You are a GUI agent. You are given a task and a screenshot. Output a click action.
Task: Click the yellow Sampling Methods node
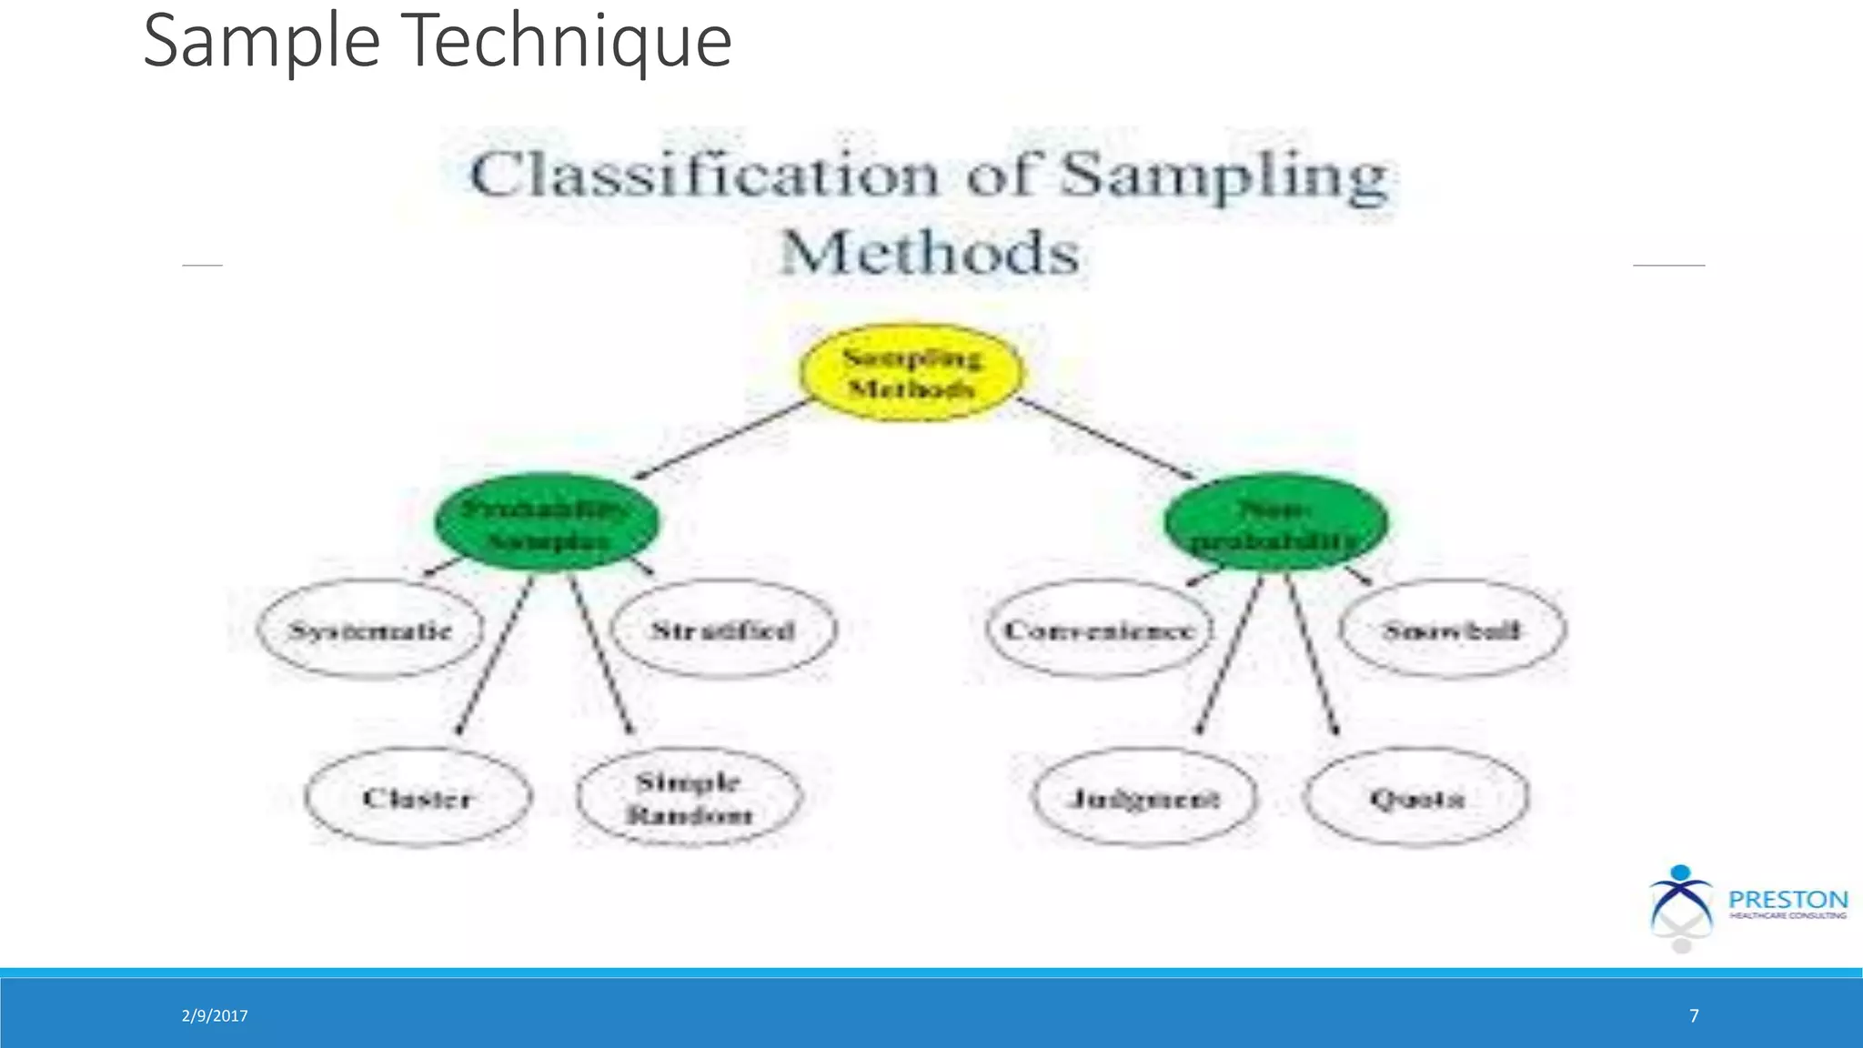(x=911, y=373)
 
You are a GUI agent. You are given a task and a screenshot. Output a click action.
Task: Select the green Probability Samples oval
(x=547, y=523)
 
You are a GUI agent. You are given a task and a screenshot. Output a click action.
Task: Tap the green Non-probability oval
(x=1275, y=523)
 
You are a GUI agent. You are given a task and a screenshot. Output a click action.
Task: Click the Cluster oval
(x=418, y=798)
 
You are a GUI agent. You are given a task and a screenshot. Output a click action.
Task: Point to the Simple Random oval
(x=690, y=798)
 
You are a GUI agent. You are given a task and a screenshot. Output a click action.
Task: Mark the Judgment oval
(x=1144, y=798)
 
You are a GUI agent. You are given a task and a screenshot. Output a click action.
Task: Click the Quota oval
(x=1416, y=798)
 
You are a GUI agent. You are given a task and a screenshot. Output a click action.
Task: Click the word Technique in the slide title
(x=565, y=42)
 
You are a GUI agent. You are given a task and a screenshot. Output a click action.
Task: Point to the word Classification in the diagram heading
(x=703, y=175)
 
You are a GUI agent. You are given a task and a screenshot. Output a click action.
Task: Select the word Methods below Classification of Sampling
(x=930, y=253)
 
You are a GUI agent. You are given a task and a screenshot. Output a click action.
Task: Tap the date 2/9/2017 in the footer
(x=215, y=1016)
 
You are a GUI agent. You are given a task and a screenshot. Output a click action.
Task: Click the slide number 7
(x=1694, y=1016)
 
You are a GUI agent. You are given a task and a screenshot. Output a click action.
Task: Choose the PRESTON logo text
(x=1787, y=900)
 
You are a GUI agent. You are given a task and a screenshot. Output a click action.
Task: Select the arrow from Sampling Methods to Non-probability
(x=1105, y=438)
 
